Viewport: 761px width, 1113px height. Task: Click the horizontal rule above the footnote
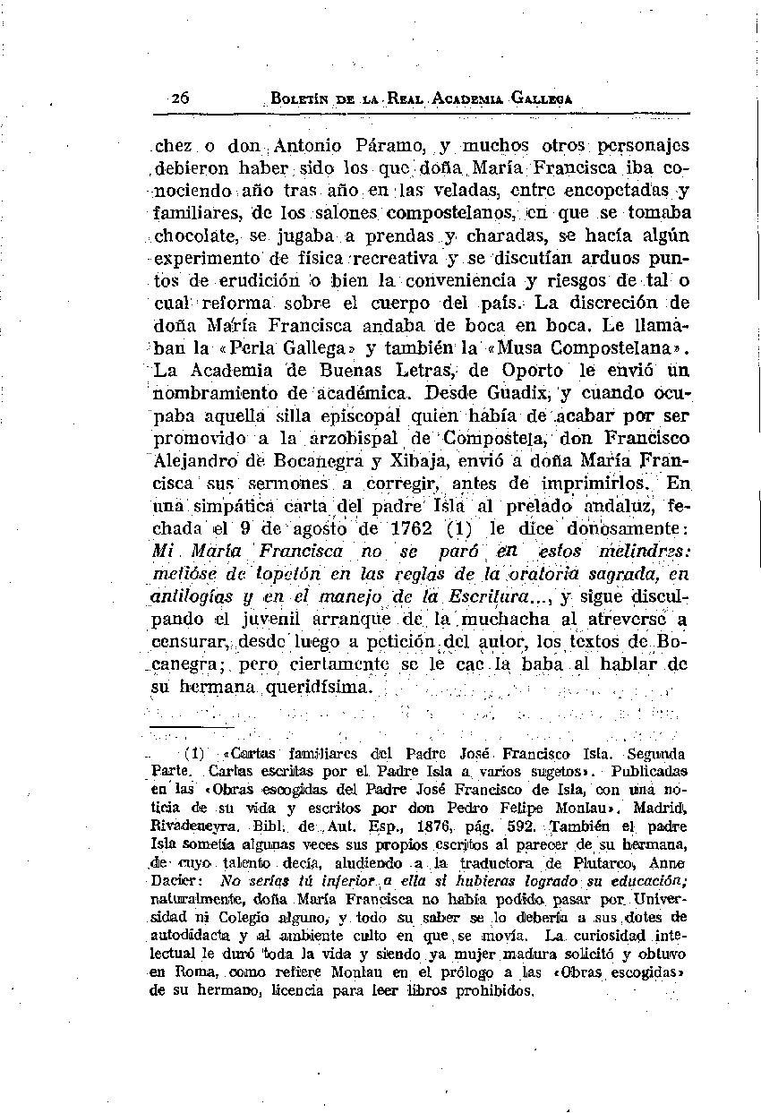(191, 727)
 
